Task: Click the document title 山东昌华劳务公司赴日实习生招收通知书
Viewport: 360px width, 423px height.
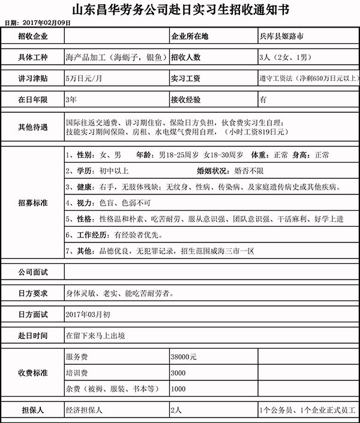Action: tap(180, 10)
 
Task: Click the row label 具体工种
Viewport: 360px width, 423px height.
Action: tap(32, 58)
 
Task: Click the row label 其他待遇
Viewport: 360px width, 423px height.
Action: tap(32, 127)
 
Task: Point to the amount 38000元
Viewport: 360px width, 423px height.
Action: tap(184, 356)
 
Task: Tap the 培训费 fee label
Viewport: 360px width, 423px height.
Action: tap(76, 373)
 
